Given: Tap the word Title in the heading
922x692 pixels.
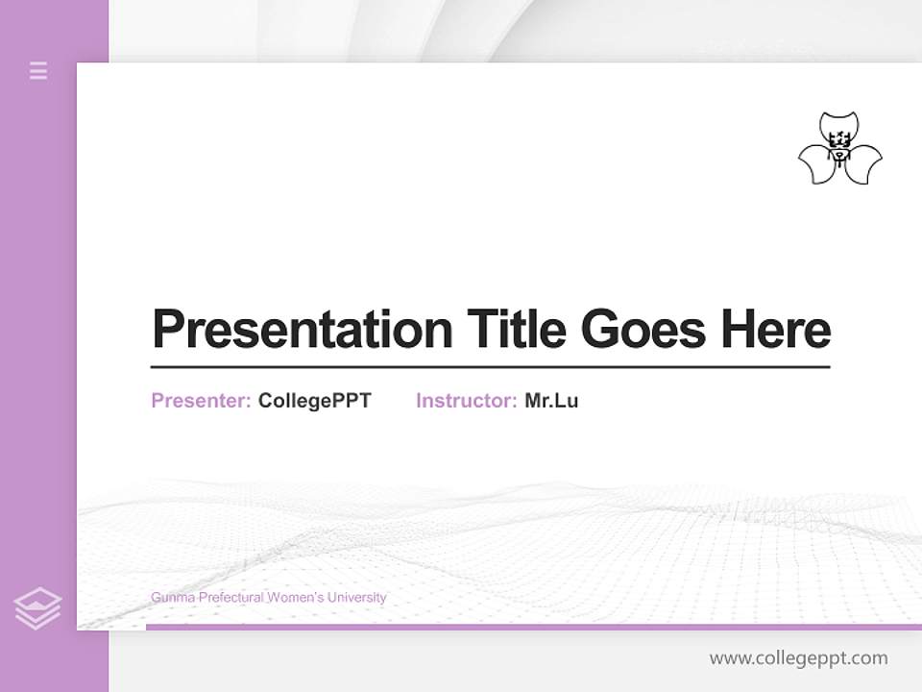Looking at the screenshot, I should point(516,330).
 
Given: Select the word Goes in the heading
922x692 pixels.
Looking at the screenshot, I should point(643,330).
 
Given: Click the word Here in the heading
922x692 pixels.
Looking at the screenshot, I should point(775,330).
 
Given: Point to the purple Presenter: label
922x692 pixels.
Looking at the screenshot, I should point(202,401).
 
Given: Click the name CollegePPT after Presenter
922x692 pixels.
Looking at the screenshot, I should point(314,401).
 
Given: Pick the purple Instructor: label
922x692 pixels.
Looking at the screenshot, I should point(467,401).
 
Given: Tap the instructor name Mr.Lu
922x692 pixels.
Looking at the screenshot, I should point(551,401).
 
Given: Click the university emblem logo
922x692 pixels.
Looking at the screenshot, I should point(839,149).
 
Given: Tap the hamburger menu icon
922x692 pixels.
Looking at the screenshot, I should point(38,70).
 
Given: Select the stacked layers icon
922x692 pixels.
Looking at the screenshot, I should point(37,608).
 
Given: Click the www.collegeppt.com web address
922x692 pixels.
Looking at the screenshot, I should point(798,658).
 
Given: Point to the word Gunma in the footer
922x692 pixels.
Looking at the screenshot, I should point(170,598).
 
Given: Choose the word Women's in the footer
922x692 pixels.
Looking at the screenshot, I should point(295,598).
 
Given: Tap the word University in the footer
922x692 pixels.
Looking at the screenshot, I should point(356,598).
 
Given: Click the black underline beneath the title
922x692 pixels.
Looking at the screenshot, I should point(490,367).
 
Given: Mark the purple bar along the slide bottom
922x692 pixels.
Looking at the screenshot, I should point(533,627).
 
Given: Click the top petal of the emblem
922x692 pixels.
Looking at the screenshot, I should point(840,126).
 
